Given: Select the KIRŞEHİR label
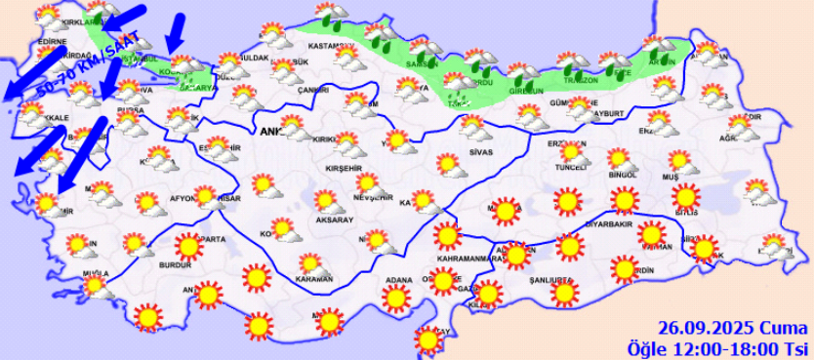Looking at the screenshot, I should click(345, 168).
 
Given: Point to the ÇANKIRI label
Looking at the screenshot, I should click(313, 90).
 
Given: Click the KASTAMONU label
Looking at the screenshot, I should click(328, 47).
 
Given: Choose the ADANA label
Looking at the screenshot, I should click(397, 281).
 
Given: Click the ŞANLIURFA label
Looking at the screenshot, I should click(549, 278).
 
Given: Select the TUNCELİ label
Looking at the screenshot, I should click(568, 167).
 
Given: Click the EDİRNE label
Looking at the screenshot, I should click(51, 42).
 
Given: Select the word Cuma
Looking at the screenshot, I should click(780, 329).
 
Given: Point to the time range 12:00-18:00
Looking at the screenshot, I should click(725, 347).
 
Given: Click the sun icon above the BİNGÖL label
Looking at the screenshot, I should click(618, 159).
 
